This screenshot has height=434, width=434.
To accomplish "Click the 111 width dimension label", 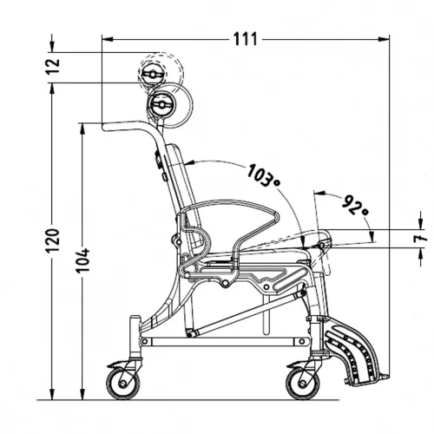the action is tap(245, 39).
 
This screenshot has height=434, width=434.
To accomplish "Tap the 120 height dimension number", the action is tap(53, 240).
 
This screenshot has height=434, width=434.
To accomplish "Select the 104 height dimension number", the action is tap(83, 260).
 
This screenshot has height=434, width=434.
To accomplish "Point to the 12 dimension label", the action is tap(53, 67).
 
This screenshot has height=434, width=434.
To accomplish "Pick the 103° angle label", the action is tap(264, 175).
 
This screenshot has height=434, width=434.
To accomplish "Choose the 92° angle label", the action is tap(355, 205).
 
